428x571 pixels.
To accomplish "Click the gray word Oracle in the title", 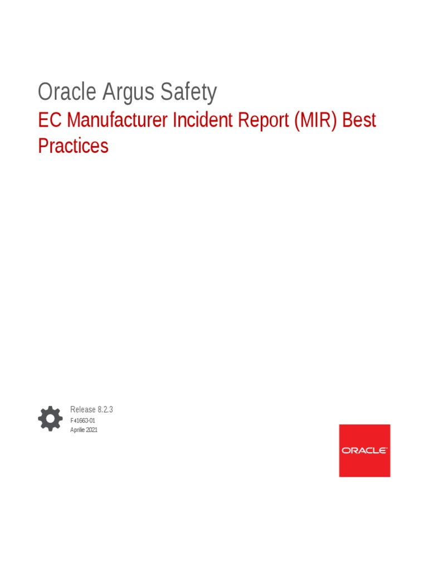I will tap(67, 92).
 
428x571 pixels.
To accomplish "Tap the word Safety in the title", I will tap(189, 92).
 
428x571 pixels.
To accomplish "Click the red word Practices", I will tap(73, 146).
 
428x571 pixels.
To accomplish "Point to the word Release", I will tap(82, 409).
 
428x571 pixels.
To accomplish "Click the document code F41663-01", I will tap(83, 420).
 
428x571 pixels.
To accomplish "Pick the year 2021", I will tap(91, 430).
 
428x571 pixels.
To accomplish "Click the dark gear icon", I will tap(50, 418).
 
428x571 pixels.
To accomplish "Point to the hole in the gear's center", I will tap(50, 418).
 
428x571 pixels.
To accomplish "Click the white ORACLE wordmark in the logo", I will tap(364, 451).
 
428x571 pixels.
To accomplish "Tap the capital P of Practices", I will tap(43, 146).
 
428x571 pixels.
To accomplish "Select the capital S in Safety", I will tap(167, 92).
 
